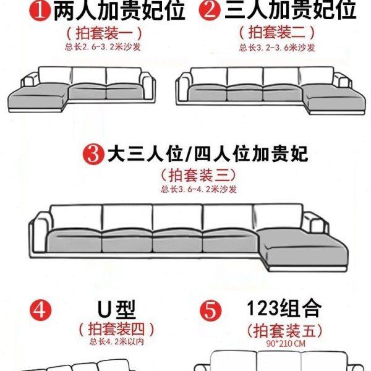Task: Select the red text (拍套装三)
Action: click(198, 175)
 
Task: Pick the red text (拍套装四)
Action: click(116, 328)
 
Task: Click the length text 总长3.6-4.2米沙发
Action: click(198, 189)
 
